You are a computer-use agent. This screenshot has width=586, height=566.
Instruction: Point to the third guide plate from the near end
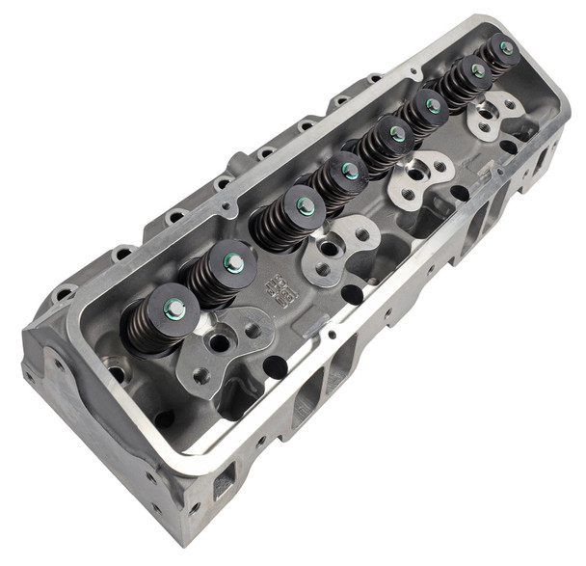click(417, 177)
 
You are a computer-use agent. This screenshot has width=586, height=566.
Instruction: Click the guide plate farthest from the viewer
click(493, 113)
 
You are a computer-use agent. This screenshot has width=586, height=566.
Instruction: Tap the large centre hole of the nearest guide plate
click(221, 342)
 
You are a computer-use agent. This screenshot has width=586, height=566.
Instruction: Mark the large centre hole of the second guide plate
click(329, 249)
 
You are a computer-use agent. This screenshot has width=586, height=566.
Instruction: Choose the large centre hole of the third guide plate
click(415, 177)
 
